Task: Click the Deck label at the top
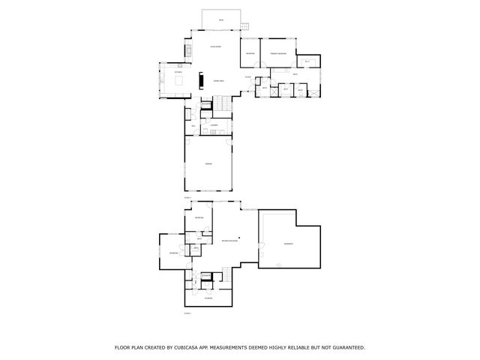point(221,19)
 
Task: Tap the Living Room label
point(214,47)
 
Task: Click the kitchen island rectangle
point(181,79)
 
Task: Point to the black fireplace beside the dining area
point(200,79)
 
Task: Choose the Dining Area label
point(220,80)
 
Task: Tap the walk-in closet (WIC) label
point(307,61)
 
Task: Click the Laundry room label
point(214,124)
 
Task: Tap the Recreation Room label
point(229,240)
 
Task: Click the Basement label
point(288,244)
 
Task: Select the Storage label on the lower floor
point(208,298)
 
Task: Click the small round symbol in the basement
point(277,264)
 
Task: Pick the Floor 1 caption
point(187,313)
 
